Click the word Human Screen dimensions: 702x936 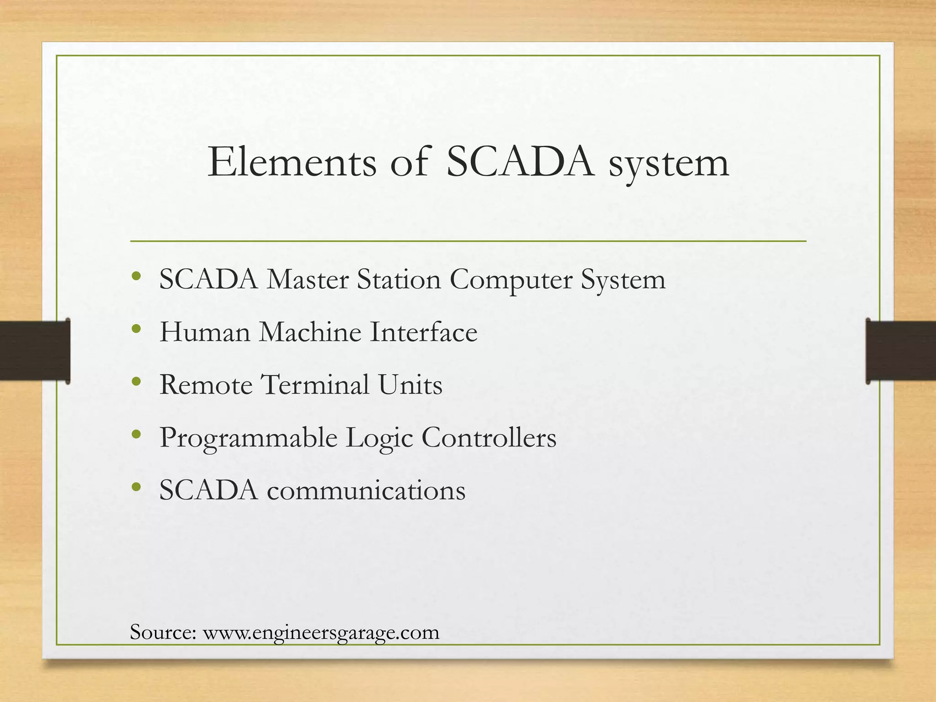[205, 332]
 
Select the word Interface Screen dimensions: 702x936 [423, 332]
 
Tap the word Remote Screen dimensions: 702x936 [206, 384]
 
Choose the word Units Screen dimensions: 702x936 [410, 384]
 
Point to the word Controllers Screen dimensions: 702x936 [489, 437]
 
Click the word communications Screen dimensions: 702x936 [366, 490]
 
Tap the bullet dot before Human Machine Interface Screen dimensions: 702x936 [136, 329]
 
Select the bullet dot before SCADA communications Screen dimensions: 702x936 [136, 487]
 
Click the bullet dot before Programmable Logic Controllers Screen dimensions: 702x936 [136, 435]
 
